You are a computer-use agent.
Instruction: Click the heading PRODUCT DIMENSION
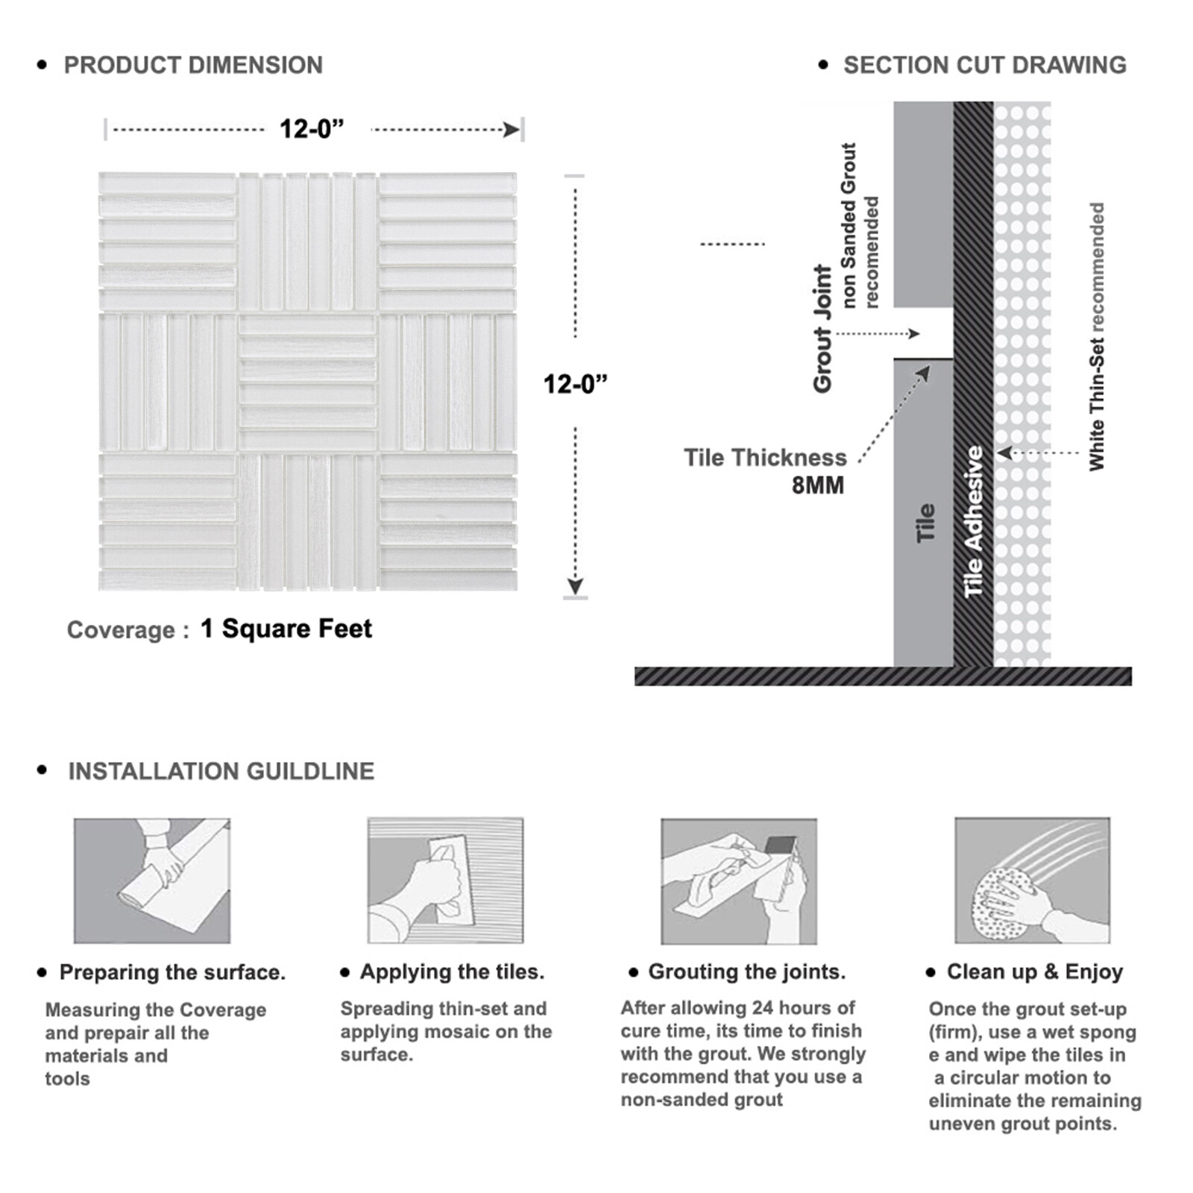(193, 66)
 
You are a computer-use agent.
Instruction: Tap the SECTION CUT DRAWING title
(985, 66)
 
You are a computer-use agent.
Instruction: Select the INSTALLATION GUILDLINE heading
(221, 771)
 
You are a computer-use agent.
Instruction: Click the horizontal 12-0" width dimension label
(312, 129)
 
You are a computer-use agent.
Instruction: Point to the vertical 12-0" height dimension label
(575, 384)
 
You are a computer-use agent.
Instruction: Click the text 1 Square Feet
(286, 629)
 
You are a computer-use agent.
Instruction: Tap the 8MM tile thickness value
(818, 485)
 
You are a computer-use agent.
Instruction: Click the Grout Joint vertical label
(822, 328)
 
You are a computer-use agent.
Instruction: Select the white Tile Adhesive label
(973, 522)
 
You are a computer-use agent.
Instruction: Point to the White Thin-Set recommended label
(1096, 336)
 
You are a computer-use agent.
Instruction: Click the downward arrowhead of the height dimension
(575, 586)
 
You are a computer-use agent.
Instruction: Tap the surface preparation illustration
(152, 881)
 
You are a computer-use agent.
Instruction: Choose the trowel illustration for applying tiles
(445, 881)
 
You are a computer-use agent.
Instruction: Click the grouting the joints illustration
(739, 881)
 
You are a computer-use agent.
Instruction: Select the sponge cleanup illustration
(1033, 881)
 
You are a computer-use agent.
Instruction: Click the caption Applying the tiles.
(452, 972)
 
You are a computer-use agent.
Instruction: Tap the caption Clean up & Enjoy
(1035, 972)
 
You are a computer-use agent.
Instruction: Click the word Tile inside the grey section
(925, 523)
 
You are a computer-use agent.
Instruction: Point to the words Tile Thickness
(765, 457)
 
